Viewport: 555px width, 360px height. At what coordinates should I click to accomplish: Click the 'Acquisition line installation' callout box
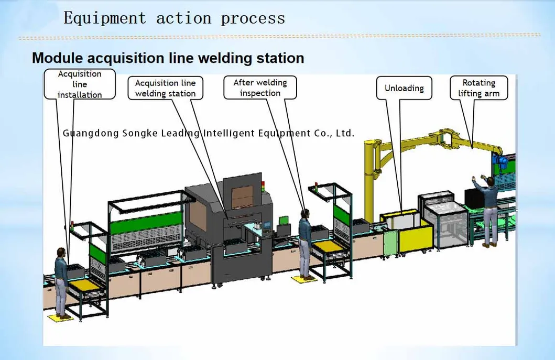pos(80,84)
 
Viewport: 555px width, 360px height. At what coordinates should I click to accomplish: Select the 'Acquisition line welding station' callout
pos(165,88)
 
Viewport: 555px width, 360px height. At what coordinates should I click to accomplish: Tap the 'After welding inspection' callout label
pos(260,88)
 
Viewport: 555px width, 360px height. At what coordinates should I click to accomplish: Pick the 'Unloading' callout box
pos(404,88)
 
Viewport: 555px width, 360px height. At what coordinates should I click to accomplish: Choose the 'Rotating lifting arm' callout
pos(478,88)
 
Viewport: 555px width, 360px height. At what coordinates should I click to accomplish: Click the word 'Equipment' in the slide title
pos(105,18)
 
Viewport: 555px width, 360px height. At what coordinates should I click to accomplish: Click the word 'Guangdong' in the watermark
pos(90,133)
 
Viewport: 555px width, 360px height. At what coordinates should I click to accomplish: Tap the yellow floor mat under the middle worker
pos(304,279)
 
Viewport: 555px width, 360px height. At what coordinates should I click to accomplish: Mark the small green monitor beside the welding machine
pos(284,220)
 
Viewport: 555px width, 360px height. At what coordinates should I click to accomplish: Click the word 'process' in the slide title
pos(253,18)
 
